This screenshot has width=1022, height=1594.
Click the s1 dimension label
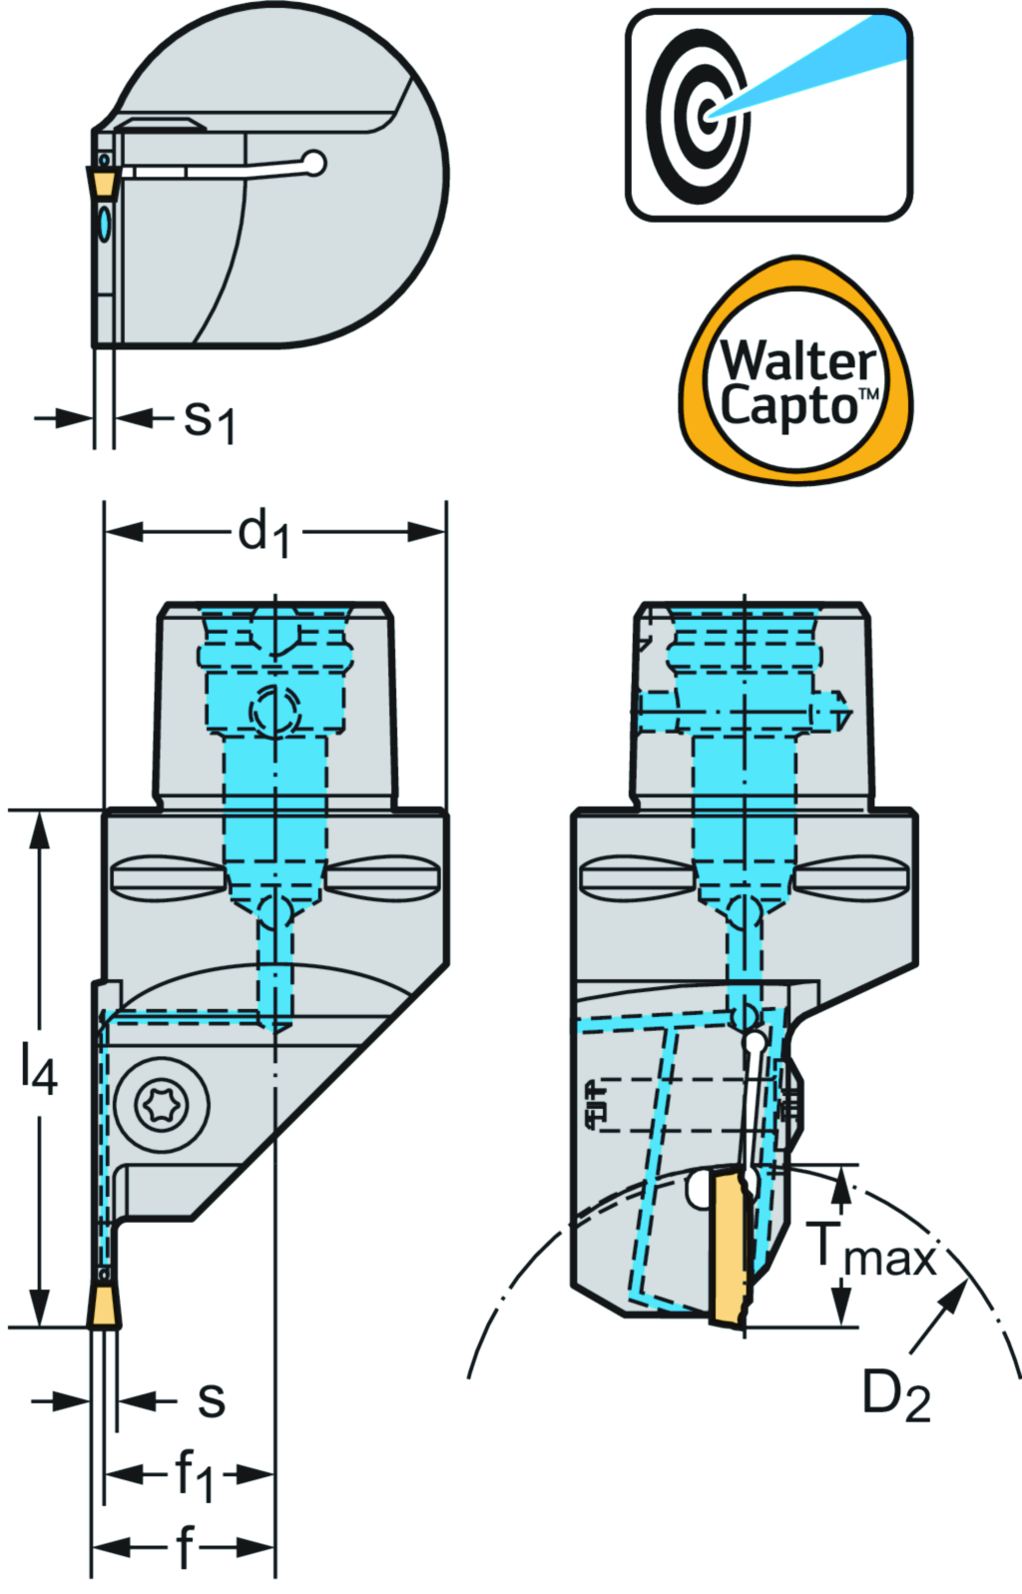coord(210,421)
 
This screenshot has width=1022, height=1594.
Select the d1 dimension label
coord(263,532)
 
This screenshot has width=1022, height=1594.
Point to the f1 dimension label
coord(194,1474)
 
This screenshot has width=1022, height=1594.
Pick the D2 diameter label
coord(895,1394)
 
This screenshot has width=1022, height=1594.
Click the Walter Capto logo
coord(795,370)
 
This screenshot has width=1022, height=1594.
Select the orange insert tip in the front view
coord(104,1308)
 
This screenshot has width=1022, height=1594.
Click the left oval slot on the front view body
coord(165,876)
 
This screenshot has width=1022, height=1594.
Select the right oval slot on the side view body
coord(852,876)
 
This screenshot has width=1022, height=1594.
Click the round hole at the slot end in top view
coord(314,162)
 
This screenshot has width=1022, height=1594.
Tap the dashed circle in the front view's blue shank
coord(273,712)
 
